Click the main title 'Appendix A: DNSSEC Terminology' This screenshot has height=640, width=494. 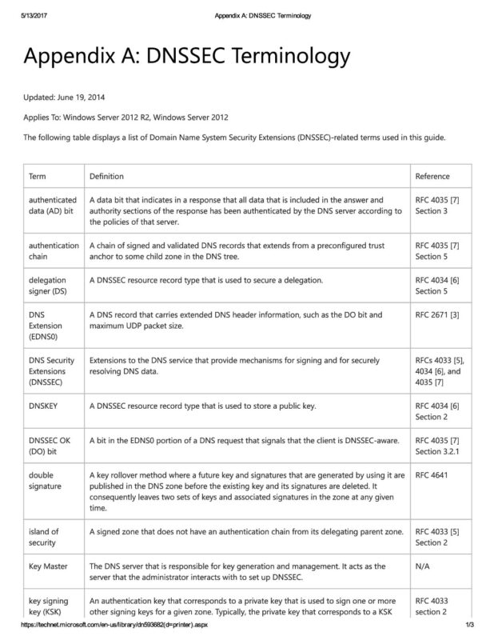(x=186, y=58)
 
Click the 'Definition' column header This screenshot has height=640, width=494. (x=107, y=176)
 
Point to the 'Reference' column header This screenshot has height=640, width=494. (x=432, y=176)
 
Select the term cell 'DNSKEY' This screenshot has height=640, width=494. (x=45, y=406)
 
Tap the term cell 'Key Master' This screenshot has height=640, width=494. (x=49, y=566)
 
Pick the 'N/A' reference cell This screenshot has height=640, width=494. (x=424, y=566)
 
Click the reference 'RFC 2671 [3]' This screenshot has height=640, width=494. (x=437, y=318)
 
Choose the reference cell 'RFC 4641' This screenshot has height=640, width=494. (x=432, y=474)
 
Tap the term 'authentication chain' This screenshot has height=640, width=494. (x=54, y=250)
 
